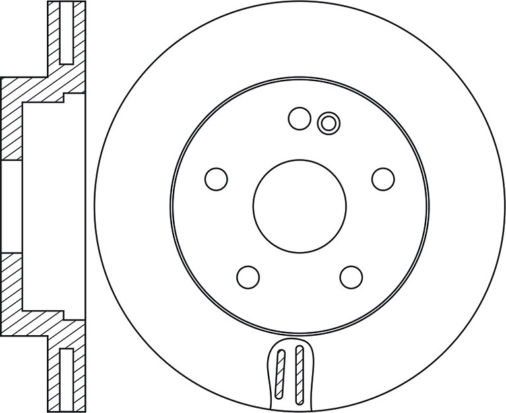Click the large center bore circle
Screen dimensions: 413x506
(300, 206)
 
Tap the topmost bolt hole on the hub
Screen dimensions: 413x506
(300, 119)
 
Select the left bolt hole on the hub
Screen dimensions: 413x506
(216, 178)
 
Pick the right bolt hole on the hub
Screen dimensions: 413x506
(383, 178)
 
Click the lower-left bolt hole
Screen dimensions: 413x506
(248, 276)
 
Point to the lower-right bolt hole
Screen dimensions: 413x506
(351, 276)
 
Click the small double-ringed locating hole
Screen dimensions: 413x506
(327, 122)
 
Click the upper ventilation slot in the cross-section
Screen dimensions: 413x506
(66, 33)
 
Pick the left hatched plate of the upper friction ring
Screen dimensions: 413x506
(54, 33)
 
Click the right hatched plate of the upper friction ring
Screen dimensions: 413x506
(79, 33)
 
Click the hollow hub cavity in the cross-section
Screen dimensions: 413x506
(53, 206)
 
